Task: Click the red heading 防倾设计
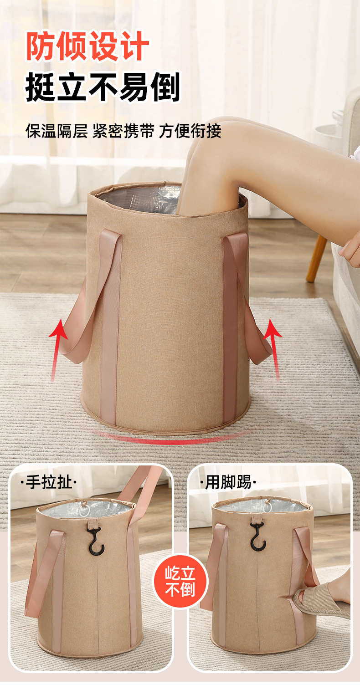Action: [87, 46]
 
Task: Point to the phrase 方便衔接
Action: [190, 131]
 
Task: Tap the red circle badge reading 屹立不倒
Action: [180, 581]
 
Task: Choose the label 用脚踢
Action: [228, 482]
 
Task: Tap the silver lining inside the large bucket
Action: [137, 198]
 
